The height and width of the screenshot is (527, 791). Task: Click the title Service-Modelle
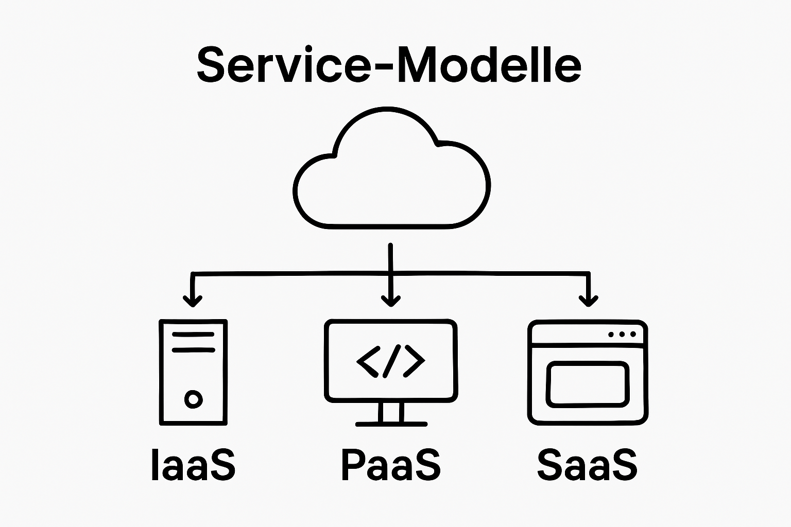point(389,65)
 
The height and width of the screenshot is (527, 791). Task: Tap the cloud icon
point(391,172)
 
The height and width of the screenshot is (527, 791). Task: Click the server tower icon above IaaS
point(193,372)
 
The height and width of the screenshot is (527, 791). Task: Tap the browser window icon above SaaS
point(588,372)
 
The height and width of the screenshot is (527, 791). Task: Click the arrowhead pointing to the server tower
point(193,301)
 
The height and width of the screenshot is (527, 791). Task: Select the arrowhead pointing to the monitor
point(391,301)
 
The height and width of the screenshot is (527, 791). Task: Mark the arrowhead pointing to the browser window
point(588,301)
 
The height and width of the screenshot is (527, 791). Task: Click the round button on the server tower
point(193,398)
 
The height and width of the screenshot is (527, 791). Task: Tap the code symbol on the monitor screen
point(391,361)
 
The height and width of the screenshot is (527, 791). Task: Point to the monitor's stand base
point(391,424)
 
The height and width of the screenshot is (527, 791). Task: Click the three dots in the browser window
point(622,335)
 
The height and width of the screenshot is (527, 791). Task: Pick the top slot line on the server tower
point(193,335)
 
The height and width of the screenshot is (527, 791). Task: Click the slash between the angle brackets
point(391,361)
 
